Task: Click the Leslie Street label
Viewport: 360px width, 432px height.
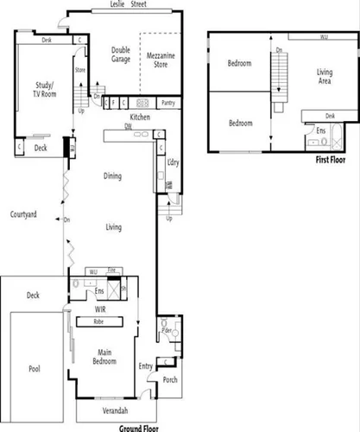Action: [x=127, y=4]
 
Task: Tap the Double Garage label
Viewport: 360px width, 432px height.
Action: [x=120, y=54]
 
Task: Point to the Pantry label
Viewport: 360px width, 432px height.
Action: [x=167, y=102]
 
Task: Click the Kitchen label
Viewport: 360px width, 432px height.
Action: [x=141, y=116]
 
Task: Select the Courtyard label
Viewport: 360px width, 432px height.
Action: [x=23, y=213]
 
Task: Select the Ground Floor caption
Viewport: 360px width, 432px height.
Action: [x=142, y=427]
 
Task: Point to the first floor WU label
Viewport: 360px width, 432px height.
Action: [x=323, y=38]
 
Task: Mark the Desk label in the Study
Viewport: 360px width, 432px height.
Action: [x=47, y=40]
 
